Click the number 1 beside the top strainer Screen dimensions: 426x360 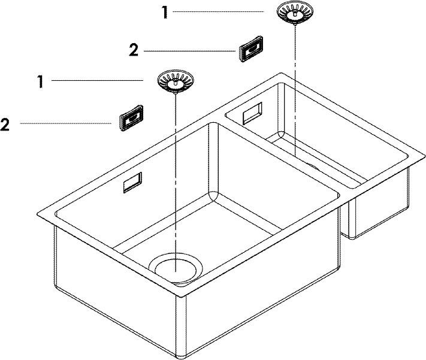[165, 13]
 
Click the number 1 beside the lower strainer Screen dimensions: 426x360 [41, 82]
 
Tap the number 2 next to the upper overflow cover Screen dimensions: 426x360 [134, 50]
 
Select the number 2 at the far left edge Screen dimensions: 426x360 [5, 125]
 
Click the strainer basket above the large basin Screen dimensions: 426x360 [176, 81]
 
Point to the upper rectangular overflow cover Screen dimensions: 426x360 [251, 49]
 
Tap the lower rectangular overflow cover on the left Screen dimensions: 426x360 [131, 118]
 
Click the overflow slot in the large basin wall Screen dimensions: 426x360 [132, 182]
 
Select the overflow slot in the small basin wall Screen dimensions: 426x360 [253, 113]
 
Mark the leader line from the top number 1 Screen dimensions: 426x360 [218, 12]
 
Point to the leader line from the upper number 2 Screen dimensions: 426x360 [189, 51]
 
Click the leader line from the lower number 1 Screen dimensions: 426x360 [97, 80]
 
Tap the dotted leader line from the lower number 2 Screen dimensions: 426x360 [65, 123]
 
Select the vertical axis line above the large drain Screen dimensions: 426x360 [176, 183]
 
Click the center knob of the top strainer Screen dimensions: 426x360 [295, 13]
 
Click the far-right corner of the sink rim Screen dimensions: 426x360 [425, 158]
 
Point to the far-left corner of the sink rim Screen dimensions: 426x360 [37, 214]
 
